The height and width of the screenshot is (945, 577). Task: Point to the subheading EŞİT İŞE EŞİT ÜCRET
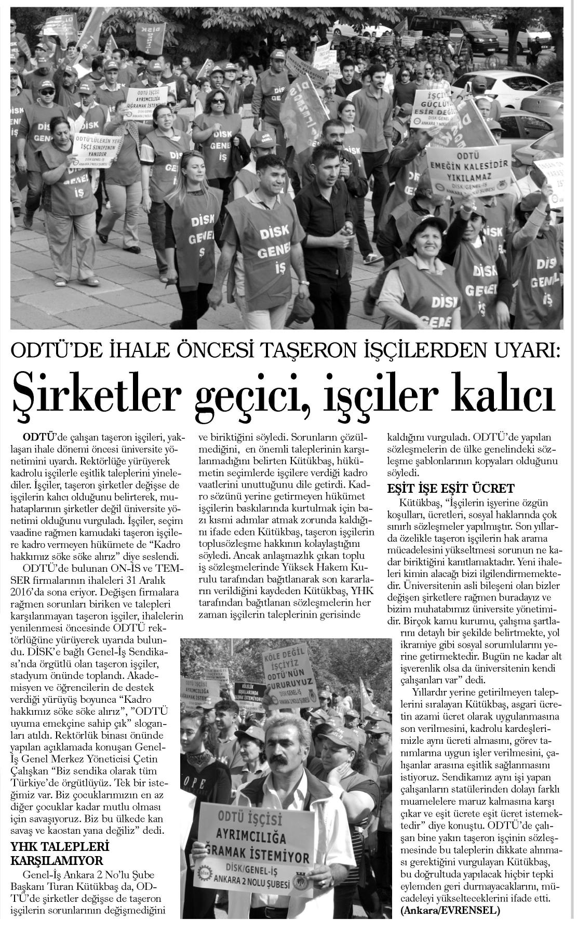[x=452, y=488]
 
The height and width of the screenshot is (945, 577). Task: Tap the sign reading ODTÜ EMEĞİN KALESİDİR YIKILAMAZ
[x=464, y=172]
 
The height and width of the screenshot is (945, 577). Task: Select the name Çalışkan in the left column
[x=31, y=771]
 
